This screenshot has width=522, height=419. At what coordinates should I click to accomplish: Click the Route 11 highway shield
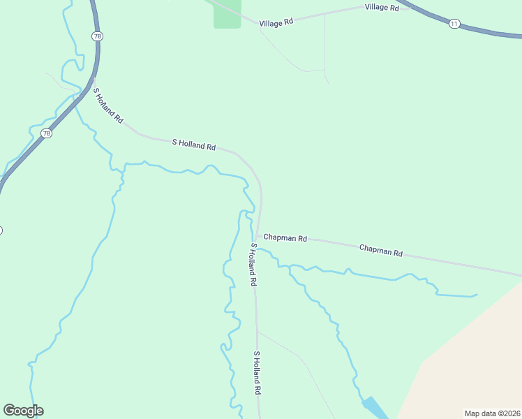pos(454,24)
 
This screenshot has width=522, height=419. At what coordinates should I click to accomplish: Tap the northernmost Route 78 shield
pos(97,36)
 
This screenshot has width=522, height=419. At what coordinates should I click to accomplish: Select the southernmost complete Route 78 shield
pos(47,133)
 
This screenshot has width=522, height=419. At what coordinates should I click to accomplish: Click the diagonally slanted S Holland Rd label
pos(108,106)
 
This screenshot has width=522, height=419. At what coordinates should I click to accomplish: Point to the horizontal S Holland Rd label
pos(194,145)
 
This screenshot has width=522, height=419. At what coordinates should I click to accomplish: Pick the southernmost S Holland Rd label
pos(257,374)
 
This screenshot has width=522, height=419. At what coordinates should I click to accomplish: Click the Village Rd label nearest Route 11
pos(382,8)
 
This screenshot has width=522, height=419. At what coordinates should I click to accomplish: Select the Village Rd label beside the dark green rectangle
pos(276,22)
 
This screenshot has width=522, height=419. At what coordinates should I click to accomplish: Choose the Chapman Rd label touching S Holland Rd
pos(285,238)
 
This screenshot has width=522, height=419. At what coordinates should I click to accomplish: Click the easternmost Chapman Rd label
pos(381,250)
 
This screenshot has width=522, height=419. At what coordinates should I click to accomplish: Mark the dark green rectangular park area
pos(227,14)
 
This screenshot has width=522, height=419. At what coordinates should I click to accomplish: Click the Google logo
pos(23,411)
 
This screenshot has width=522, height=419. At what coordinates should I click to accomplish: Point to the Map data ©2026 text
pos(492,413)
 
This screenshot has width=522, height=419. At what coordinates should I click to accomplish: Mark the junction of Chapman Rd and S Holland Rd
pos(258,236)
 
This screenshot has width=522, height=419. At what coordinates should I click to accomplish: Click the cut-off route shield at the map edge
pos(1,230)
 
